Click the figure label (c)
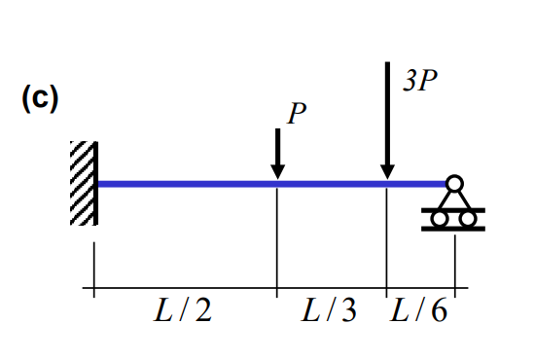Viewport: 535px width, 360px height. pyautogui.click(x=40, y=98)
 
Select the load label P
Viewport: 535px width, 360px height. pyautogui.click(x=296, y=115)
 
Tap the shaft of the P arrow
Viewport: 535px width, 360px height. pyautogui.click(x=277, y=146)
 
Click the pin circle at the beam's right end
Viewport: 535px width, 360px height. pyautogui.click(x=453, y=182)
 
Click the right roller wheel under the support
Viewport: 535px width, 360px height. pyautogui.click(x=467, y=219)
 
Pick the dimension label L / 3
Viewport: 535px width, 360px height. pyautogui.click(x=329, y=310)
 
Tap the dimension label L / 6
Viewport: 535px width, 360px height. pyautogui.click(x=419, y=310)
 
